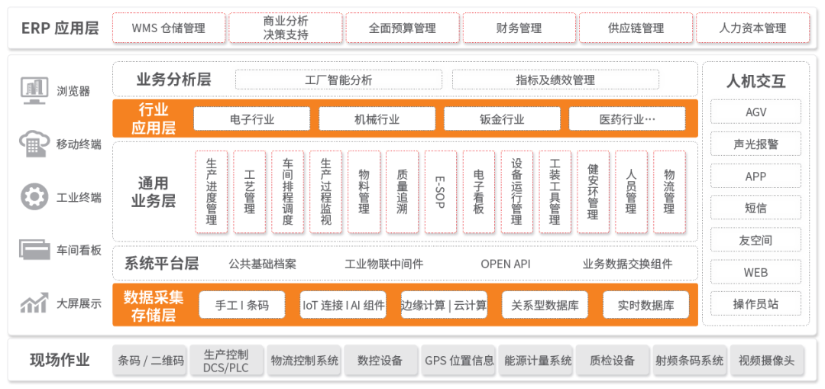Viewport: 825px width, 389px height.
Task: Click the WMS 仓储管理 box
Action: tap(168, 28)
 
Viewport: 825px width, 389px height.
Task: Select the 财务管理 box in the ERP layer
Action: tap(519, 28)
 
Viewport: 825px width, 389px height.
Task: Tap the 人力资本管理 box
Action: tap(752, 28)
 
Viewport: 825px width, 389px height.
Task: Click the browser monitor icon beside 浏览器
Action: tap(34, 90)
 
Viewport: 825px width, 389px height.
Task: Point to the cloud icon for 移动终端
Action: tap(34, 143)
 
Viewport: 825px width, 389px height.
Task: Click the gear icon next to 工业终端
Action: tap(34, 197)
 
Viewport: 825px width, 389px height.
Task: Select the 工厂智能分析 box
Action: tap(338, 80)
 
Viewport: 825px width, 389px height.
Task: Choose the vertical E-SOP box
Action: tap(441, 192)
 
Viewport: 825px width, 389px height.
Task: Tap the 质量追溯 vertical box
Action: tap(402, 192)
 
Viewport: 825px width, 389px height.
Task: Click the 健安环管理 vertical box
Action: tap(593, 192)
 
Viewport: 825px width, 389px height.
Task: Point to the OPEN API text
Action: tap(506, 264)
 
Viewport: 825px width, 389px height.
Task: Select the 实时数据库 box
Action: tap(645, 305)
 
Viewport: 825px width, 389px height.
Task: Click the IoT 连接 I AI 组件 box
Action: tap(343, 305)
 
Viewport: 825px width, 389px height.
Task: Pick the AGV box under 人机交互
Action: tap(755, 112)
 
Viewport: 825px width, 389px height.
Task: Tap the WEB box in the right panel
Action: tap(755, 273)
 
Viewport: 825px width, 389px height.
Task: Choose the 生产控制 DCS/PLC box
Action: tap(225, 361)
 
